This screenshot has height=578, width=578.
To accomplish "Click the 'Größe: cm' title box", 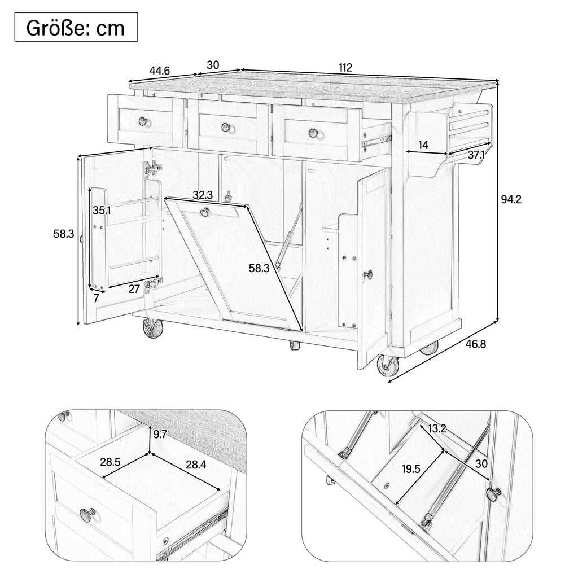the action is pos(76,27).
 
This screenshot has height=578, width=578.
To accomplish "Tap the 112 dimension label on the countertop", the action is pos(345,68).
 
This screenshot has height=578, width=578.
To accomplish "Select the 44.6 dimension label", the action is pos(159,71).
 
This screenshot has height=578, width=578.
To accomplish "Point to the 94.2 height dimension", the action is pos(511,199).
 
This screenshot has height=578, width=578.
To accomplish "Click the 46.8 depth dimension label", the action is pos(475,344).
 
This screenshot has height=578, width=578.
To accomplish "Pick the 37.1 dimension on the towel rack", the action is pos(476,155).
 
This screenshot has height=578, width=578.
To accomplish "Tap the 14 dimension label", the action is pos(423,145).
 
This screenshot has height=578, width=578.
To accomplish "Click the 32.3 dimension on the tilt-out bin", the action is pos(203,195).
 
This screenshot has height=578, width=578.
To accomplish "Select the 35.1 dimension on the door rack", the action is pos(102,211).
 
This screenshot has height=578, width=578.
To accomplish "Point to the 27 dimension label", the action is pos(134,288).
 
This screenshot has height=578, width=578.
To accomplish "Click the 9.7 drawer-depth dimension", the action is pos(160,434).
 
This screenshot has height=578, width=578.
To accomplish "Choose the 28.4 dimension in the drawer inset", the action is pos(196,465).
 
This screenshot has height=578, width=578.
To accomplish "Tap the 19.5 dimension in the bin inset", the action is pos(411,469).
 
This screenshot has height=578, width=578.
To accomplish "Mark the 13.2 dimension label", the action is pos(437,428).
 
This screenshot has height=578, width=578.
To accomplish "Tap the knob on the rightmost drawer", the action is pos(314,133).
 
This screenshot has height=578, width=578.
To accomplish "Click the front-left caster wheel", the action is pos(152,328).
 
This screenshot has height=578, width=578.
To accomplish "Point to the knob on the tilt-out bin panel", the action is pos(204,212).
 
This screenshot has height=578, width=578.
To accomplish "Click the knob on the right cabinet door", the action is pos(368,275).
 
